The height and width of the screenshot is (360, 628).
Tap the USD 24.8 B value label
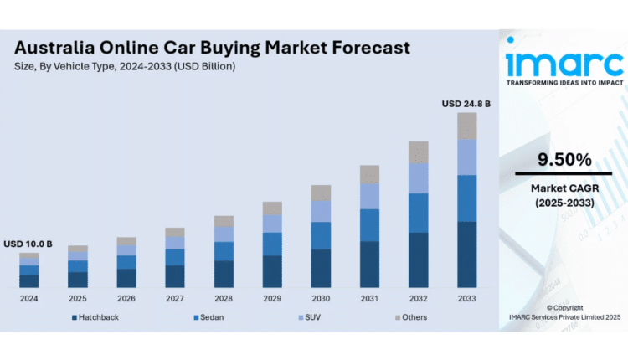[x=466, y=104]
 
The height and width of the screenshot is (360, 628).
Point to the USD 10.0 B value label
[x=28, y=244]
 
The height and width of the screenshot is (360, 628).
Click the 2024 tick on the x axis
[x=29, y=298]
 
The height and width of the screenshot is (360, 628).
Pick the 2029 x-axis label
[x=272, y=298]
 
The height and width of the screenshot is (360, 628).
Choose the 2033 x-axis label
[x=466, y=298]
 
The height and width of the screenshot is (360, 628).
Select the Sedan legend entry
[x=211, y=317]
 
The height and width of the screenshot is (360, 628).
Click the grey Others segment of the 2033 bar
[x=466, y=126]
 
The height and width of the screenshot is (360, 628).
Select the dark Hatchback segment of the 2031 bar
[x=369, y=265]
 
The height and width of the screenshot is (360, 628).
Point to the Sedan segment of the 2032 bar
[x=418, y=213]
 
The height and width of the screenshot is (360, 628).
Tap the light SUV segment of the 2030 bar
[x=321, y=211]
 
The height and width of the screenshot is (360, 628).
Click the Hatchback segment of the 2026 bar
[x=126, y=278]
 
